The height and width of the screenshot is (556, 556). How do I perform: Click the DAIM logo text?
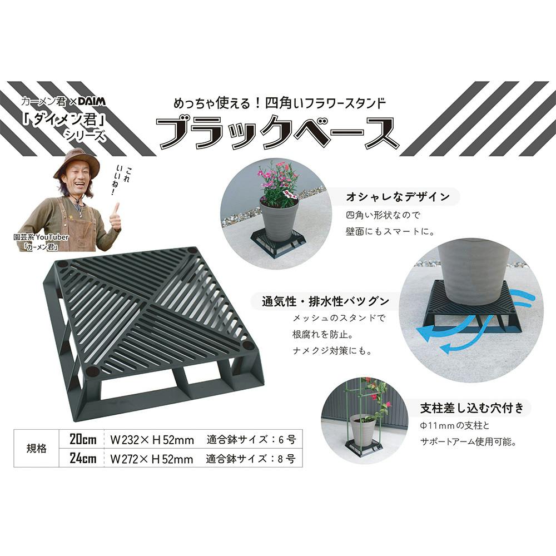point(92,102)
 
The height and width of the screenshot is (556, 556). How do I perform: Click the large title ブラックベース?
point(278,133)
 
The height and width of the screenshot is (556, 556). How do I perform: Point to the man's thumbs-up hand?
point(116,217)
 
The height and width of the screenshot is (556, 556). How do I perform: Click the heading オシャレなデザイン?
point(398,197)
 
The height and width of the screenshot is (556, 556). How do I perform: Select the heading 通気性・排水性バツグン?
point(325,301)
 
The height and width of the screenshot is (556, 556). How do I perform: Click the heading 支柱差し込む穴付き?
point(471,408)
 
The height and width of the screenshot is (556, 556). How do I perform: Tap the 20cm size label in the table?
point(83,439)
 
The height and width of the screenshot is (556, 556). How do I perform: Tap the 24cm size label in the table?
point(83,458)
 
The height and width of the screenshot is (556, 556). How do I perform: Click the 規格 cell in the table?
point(37,449)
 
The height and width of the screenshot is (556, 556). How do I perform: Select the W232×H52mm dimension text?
point(152,440)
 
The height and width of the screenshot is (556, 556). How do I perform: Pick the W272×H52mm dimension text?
point(152,459)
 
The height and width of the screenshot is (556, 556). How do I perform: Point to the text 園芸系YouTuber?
point(41,237)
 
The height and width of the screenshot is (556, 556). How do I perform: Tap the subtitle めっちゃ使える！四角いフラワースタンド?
point(280,103)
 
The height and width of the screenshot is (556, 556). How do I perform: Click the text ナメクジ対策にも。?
point(332,351)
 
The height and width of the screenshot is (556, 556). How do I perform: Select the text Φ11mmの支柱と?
point(455,425)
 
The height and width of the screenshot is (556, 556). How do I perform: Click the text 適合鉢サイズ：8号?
point(251,459)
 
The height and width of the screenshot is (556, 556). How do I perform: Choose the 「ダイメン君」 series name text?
point(64,120)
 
